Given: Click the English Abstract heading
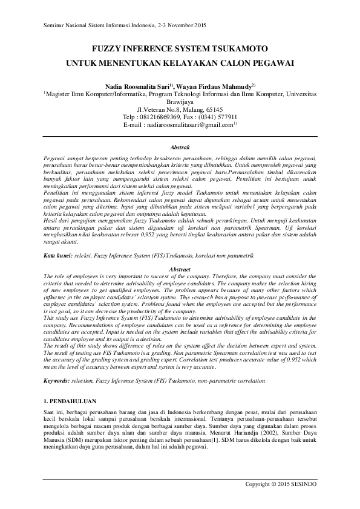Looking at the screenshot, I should (180, 269).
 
